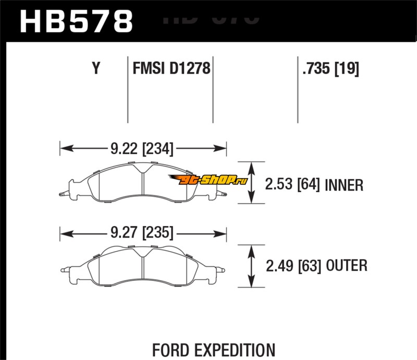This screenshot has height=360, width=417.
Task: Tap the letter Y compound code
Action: click(x=95, y=69)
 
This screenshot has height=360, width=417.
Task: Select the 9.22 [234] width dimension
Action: click(x=142, y=148)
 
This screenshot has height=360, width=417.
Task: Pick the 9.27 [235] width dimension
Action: click(x=142, y=232)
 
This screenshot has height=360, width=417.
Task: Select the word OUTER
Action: click(x=346, y=266)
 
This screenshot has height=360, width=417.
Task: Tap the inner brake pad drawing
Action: click(x=143, y=182)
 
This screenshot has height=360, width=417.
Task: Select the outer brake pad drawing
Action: click(x=143, y=266)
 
